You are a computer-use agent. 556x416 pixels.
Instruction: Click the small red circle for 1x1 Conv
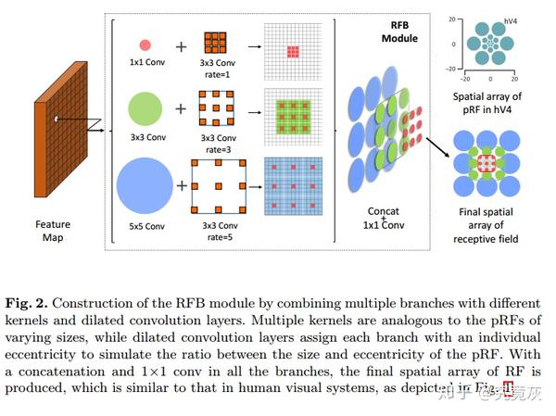145,44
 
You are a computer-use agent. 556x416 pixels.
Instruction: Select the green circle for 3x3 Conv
145,109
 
